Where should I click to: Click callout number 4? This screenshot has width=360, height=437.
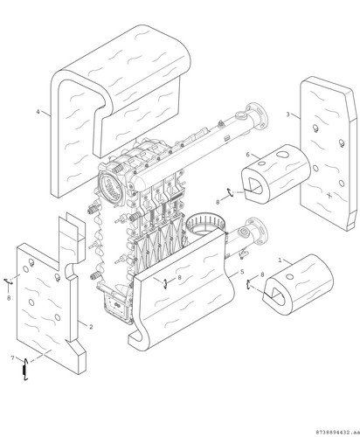tap(38, 112)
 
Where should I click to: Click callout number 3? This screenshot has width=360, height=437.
tap(287, 114)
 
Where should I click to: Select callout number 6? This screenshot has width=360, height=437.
tap(248, 155)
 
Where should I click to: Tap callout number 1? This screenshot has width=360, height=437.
tap(280, 260)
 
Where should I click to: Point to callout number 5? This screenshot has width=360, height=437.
tap(242, 272)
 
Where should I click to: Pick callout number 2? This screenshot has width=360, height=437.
tap(91, 327)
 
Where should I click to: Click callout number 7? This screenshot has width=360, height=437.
tap(12, 357)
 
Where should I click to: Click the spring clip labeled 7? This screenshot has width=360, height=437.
tap(25, 370)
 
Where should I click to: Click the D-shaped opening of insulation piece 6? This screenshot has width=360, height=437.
tap(253, 185)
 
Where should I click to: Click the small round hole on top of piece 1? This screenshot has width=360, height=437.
tap(289, 276)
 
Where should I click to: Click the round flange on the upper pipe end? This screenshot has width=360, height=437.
tap(258, 115)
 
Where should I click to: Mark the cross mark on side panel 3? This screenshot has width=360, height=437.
tap(329, 195)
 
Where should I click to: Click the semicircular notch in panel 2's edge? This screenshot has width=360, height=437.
tap(70, 270)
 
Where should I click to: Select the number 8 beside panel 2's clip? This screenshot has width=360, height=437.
tap(9, 298)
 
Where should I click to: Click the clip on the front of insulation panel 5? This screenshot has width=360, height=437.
tap(165, 283)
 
